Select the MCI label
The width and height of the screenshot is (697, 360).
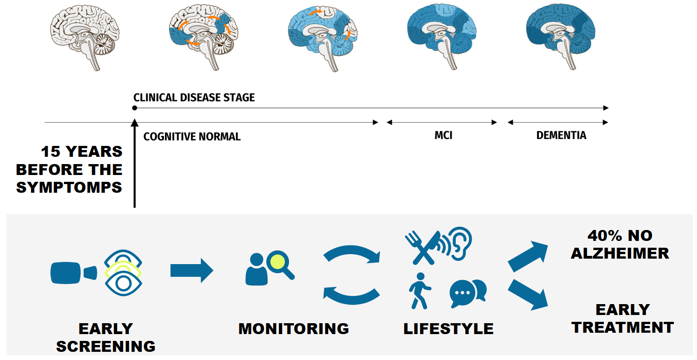click(443, 135)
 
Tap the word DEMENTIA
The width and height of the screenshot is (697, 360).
click(561, 135)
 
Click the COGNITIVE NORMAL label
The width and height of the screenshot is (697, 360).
click(192, 137)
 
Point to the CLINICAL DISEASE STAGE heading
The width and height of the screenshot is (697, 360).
click(194, 97)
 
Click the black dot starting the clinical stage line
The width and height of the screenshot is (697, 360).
click(134, 108)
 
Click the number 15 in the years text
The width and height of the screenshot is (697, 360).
click(51, 152)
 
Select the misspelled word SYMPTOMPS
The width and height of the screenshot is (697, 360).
click(69, 188)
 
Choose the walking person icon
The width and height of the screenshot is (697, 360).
click(420, 291)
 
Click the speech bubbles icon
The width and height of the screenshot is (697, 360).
click(468, 292)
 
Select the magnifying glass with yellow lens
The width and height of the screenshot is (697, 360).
click(281, 265)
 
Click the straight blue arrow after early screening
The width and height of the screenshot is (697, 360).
click(192, 270)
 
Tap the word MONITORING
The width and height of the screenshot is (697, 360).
click(294, 329)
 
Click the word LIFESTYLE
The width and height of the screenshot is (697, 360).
click(448, 329)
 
